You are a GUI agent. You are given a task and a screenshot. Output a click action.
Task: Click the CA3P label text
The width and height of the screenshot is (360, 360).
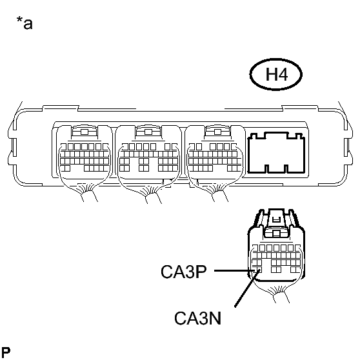coord(184,272)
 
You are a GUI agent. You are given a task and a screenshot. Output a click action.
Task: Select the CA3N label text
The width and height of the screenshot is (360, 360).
coord(197,318)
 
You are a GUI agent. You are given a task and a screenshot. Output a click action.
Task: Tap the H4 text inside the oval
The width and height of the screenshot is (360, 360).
coord(276,74)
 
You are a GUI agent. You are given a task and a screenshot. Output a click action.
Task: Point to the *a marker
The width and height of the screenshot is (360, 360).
coord(25,23)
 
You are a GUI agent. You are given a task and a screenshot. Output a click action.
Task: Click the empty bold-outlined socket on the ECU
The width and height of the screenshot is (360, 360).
coord(276,152)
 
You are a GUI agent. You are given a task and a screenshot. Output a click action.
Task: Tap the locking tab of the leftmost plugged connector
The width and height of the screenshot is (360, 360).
coord(85,132)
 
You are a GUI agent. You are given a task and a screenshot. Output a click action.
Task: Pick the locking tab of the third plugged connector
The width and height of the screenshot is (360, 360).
coord(217,132)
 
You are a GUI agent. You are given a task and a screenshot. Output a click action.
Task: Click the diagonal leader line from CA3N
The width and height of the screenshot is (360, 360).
coord(248,288)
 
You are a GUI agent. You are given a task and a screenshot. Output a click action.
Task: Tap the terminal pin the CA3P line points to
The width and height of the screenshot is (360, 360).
coord(254,270)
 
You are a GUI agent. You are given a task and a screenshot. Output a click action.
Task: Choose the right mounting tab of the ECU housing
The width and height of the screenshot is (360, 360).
coord(348,147)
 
